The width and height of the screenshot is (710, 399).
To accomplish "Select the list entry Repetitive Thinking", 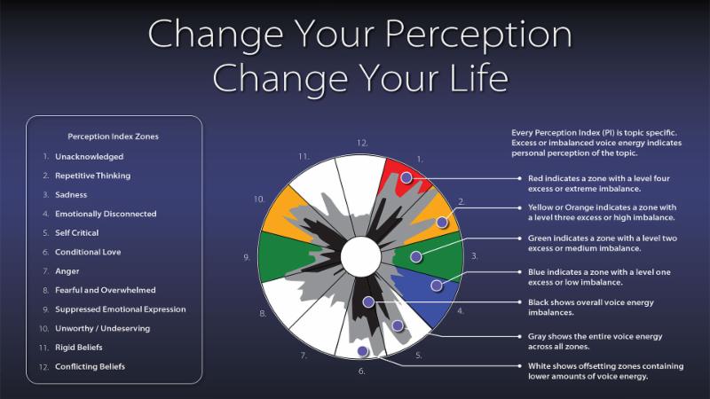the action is point(93,176).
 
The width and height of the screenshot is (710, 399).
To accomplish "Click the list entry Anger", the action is point(67,271).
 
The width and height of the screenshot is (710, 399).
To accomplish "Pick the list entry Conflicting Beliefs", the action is point(91,366).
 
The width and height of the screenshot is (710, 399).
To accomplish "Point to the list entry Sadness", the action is point(71,194).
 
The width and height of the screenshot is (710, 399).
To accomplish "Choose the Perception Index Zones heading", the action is point(114,137).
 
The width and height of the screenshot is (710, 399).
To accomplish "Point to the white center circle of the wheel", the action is point(360,256).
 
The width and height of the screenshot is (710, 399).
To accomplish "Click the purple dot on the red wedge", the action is point(406,178).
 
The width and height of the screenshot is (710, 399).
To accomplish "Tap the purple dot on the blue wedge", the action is point(437,286).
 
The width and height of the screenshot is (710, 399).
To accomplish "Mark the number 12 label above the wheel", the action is point(362,143).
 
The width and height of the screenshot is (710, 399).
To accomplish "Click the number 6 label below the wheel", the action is point(361,371).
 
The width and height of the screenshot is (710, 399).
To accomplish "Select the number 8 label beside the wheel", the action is point(263,313).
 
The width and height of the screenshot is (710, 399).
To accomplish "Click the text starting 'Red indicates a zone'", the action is point(598,184).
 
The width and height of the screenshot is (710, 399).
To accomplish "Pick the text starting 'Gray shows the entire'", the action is point(595,341).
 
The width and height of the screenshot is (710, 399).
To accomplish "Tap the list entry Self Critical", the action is point(76,233).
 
